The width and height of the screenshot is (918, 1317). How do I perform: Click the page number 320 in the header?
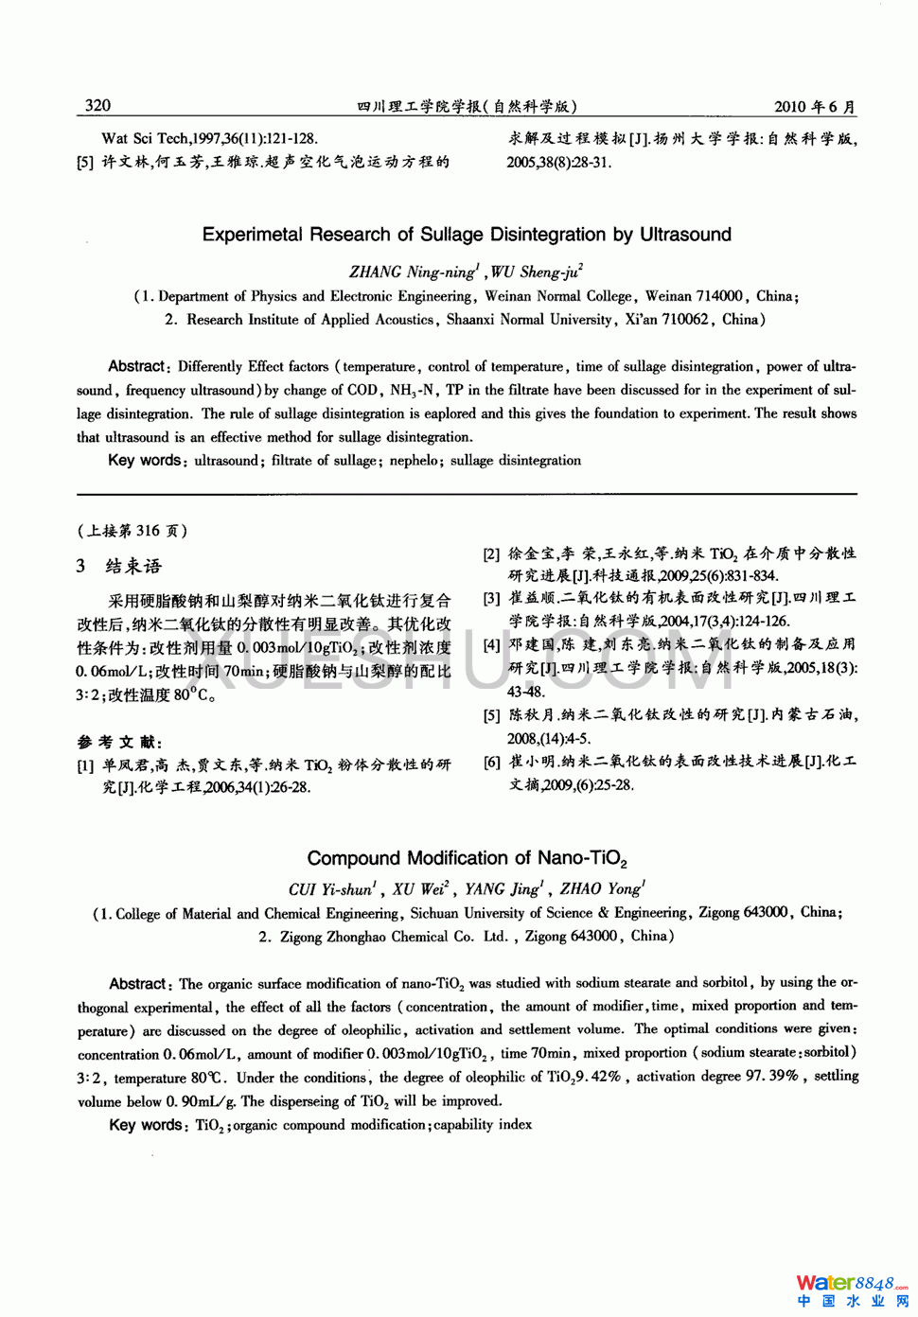97,106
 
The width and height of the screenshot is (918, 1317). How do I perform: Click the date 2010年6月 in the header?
814,107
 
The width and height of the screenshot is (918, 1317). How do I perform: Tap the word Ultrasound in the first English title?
685,235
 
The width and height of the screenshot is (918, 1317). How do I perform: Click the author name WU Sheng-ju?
536,272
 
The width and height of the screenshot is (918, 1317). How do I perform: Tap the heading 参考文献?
119,743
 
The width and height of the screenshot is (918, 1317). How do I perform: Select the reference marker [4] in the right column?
491,645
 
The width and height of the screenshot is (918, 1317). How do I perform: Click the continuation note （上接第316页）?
132,531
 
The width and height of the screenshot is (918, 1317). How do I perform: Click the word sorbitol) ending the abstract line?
830,1052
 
